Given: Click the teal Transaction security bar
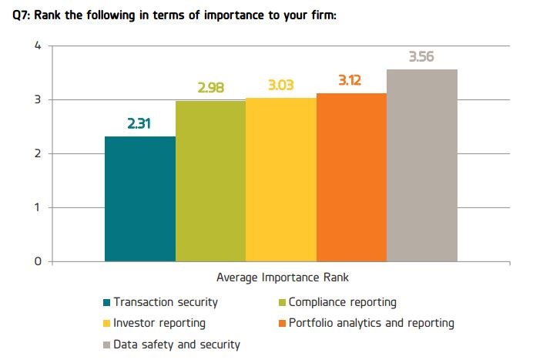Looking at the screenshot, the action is click(x=140, y=199).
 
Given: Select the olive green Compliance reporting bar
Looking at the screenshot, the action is click(x=210, y=181).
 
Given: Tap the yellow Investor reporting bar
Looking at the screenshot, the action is click(x=281, y=180).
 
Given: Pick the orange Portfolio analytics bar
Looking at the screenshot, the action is click(x=351, y=177).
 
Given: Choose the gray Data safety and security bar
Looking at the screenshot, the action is click(x=422, y=166).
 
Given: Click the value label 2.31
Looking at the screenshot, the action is click(x=139, y=123).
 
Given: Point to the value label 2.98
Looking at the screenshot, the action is click(x=211, y=88).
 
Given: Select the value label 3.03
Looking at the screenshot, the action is click(x=281, y=85).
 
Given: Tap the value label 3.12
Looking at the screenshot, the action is click(x=350, y=80).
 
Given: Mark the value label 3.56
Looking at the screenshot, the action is click(x=421, y=56).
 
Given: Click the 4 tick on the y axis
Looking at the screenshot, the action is click(x=38, y=45).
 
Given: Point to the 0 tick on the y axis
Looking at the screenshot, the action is click(x=38, y=261).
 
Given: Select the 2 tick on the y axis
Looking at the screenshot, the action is click(x=38, y=153).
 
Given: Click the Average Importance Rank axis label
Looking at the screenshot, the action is click(x=283, y=278).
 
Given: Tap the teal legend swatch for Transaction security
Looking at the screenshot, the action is click(x=106, y=302).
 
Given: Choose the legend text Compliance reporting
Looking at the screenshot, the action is click(x=343, y=302).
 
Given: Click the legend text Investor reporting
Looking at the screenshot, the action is click(x=159, y=323).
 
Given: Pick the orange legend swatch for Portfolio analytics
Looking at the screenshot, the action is click(x=282, y=323).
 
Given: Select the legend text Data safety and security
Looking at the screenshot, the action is click(x=176, y=345).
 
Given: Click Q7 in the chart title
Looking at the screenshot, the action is click(x=22, y=15).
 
